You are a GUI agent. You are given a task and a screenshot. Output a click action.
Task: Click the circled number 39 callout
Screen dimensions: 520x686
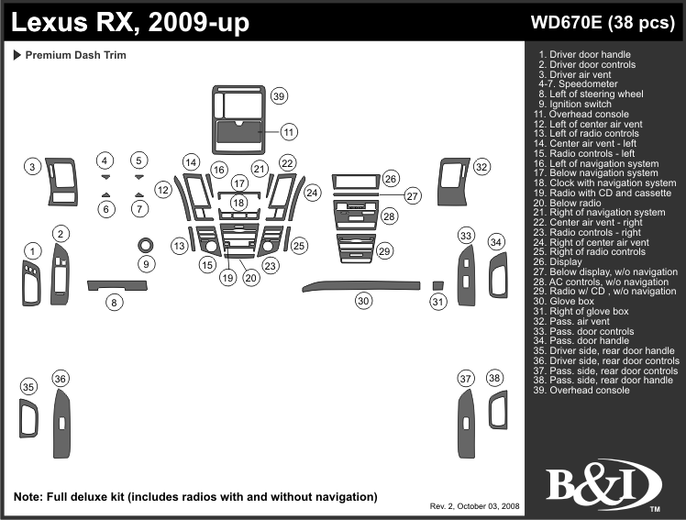(x=280, y=96)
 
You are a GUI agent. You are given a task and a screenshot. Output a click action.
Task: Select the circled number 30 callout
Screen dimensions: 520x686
(x=364, y=301)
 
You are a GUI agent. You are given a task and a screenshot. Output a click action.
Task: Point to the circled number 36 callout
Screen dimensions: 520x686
(x=61, y=379)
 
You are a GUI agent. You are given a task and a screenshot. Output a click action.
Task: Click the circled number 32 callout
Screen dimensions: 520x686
(x=481, y=167)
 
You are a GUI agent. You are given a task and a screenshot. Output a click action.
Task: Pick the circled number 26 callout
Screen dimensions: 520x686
(x=391, y=178)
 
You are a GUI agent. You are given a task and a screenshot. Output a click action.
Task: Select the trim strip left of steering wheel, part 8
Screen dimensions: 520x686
(x=116, y=286)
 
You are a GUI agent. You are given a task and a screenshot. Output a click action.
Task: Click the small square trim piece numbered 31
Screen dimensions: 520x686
(x=438, y=285)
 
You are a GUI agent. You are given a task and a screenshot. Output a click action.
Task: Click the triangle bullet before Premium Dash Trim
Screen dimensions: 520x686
(x=17, y=55)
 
